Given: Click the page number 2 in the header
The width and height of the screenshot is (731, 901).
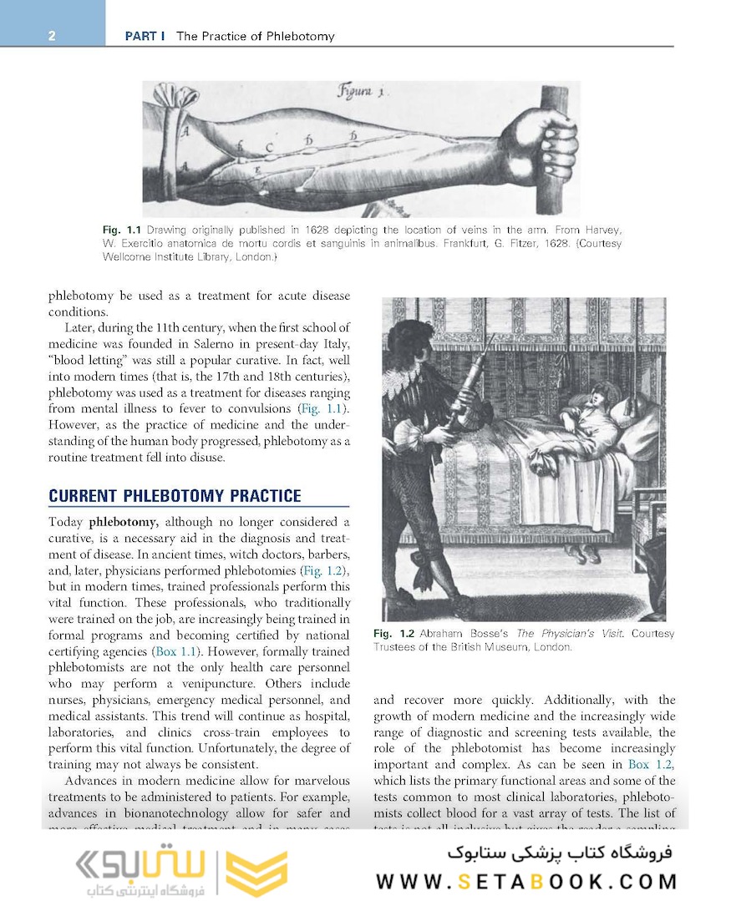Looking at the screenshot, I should [x=52, y=36].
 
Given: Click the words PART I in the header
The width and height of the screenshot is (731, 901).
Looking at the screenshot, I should [x=145, y=36].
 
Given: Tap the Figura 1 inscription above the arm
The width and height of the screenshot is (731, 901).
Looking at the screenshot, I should [x=360, y=91].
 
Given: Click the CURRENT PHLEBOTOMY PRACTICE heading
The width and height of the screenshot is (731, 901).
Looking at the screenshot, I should [x=175, y=496].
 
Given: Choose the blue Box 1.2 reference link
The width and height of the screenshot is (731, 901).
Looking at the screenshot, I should [x=651, y=764].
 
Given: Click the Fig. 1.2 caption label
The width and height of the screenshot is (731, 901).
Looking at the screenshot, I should [x=394, y=634].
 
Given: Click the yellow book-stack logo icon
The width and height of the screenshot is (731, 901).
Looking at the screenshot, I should [x=257, y=873].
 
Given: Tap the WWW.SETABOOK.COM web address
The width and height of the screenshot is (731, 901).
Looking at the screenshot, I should [x=526, y=882].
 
